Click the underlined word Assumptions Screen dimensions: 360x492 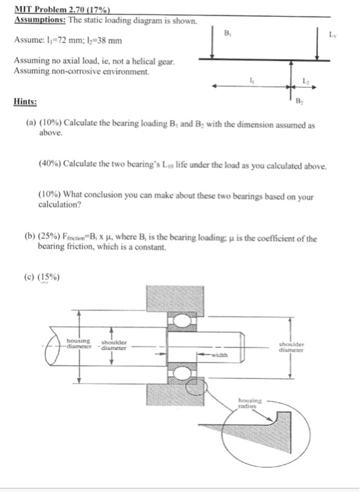pos(40,20)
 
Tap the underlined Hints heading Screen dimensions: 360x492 pos(25,102)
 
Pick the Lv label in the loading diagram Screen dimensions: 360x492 pos(333,34)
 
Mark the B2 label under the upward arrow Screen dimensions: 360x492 pos(299,101)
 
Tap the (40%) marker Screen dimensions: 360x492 pos(50,164)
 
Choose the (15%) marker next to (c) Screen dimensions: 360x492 pos(49,277)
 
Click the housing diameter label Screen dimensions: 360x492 pos(79,343)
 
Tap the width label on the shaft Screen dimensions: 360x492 pos(219,355)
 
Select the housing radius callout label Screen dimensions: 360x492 pos(250,403)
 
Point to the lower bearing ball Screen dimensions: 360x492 pos(181,373)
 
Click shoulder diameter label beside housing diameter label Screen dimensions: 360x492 pos(114,345)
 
